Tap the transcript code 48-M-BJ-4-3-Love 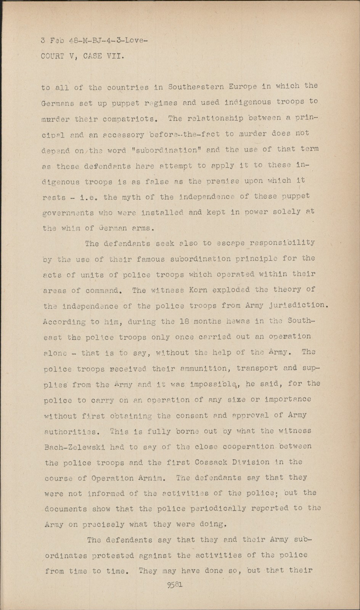[x=108, y=40]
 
